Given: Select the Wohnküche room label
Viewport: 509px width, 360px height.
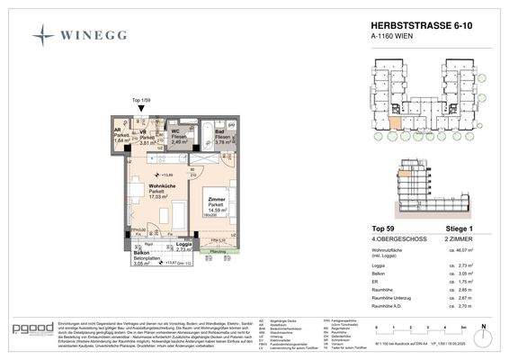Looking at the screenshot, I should pos(138,186).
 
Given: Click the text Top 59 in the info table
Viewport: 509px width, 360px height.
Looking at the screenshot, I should pos(384,229).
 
